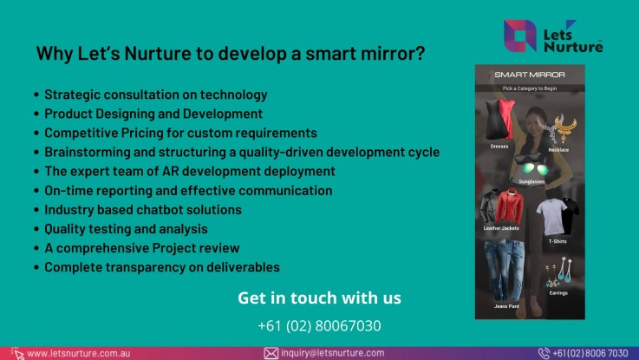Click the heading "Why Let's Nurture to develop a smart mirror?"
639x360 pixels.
click(x=230, y=54)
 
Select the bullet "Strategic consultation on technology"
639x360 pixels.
click(x=155, y=95)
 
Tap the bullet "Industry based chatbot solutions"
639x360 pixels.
click(x=142, y=210)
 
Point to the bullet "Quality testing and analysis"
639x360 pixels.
click(x=126, y=229)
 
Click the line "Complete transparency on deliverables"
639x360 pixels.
click(x=161, y=267)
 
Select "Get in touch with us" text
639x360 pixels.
click(x=319, y=298)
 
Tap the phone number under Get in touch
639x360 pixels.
click(x=319, y=326)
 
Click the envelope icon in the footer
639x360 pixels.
click(x=271, y=353)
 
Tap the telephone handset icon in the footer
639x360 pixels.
click(x=544, y=353)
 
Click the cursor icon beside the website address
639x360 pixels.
click(x=16, y=353)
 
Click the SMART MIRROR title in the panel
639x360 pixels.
click(x=530, y=75)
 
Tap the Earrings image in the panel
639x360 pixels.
click(x=556, y=272)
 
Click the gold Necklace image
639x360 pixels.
click(x=558, y=128)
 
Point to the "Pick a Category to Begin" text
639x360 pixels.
click(x=530, y=88)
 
